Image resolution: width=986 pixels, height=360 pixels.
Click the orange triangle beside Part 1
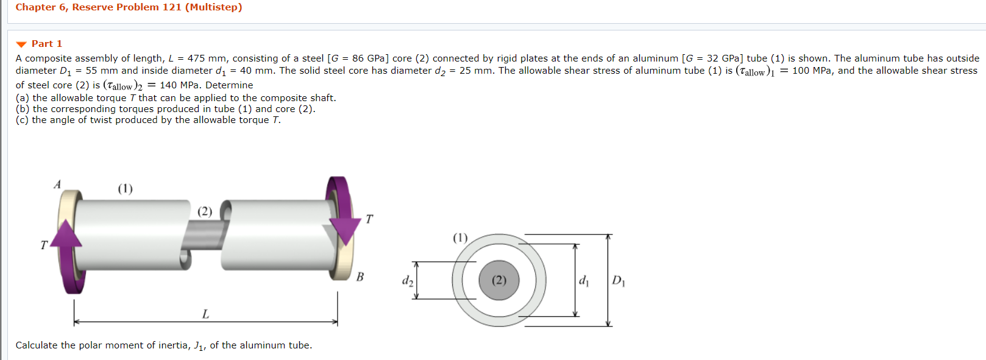tap(21, 44)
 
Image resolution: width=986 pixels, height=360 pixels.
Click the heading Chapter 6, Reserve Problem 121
tap(129, 7)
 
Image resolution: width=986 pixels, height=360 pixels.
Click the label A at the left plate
tap(58, 185)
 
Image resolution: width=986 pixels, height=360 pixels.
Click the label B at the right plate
tap(360, 277)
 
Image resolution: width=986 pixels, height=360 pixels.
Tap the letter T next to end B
tap(369, 219)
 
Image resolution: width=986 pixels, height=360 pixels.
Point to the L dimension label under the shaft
tap(205, 314)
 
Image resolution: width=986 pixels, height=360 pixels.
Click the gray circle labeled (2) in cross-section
tap(499, 280)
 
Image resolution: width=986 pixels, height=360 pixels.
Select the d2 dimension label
tap(407, 281)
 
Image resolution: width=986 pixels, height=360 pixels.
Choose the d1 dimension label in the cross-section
tap(584, 281)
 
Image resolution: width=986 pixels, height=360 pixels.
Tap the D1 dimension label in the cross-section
tap(618, 281)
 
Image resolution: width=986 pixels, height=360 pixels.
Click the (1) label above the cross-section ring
tap(460, 238)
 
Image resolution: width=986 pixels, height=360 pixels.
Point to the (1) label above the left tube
tap(125, 188)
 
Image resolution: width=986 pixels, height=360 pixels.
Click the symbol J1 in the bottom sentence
tap(199, 346)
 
